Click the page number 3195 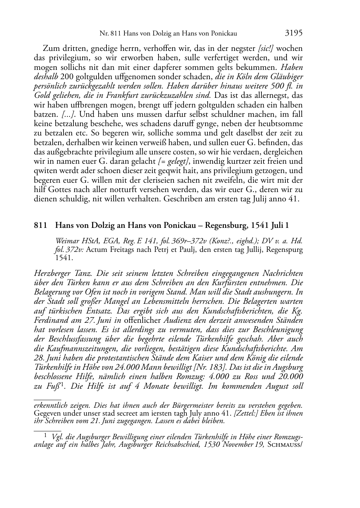pos(294,33)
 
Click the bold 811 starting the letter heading pos(41,225)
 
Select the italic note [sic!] pos(266,48)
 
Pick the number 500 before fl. pos(273,86)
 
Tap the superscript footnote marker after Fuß pos(62,384)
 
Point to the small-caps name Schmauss pos(285,445)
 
